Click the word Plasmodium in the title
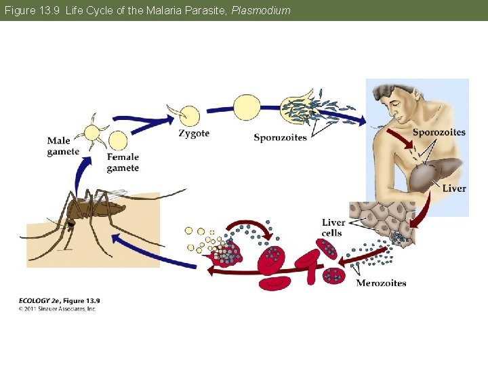click(x=261, y=10)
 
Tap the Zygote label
click(x=194, y=134)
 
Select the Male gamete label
click(x=63, y=146)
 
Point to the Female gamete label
click(x=123, y=163)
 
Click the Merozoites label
click(x=381, y=283)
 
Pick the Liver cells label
click(x=333, y=228)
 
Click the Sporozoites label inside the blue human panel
click(x=439, y=132)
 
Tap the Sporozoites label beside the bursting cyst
click(x=280, y=138)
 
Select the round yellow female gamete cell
click(x=118, y=141)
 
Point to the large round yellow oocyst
click(x=247, y=106)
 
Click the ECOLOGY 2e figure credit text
click(x=59, y=300)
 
